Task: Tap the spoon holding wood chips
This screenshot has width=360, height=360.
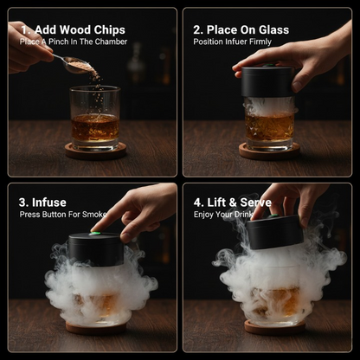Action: pyautogui.click(x=75, y=65)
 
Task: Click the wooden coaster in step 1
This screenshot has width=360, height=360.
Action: pyautogui.click(x=95, y=151)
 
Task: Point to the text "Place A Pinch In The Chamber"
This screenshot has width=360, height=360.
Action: pyautogui.click(x=74, y=42)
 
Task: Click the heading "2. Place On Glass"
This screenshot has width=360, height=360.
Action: pyautogui.click(x=241, y=29)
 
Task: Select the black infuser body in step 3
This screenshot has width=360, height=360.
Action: pyautogui.click(x=95, y=249)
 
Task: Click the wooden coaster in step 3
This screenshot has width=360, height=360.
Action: pyautogui.click(x=95, y=328)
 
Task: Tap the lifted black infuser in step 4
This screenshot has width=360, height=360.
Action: pyautogui.click(x=275, y=232)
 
